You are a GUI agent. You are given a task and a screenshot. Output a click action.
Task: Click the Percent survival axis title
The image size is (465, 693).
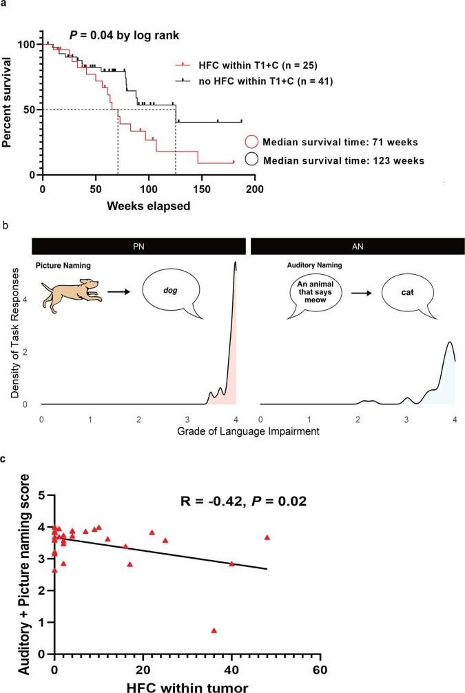point(12,110)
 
